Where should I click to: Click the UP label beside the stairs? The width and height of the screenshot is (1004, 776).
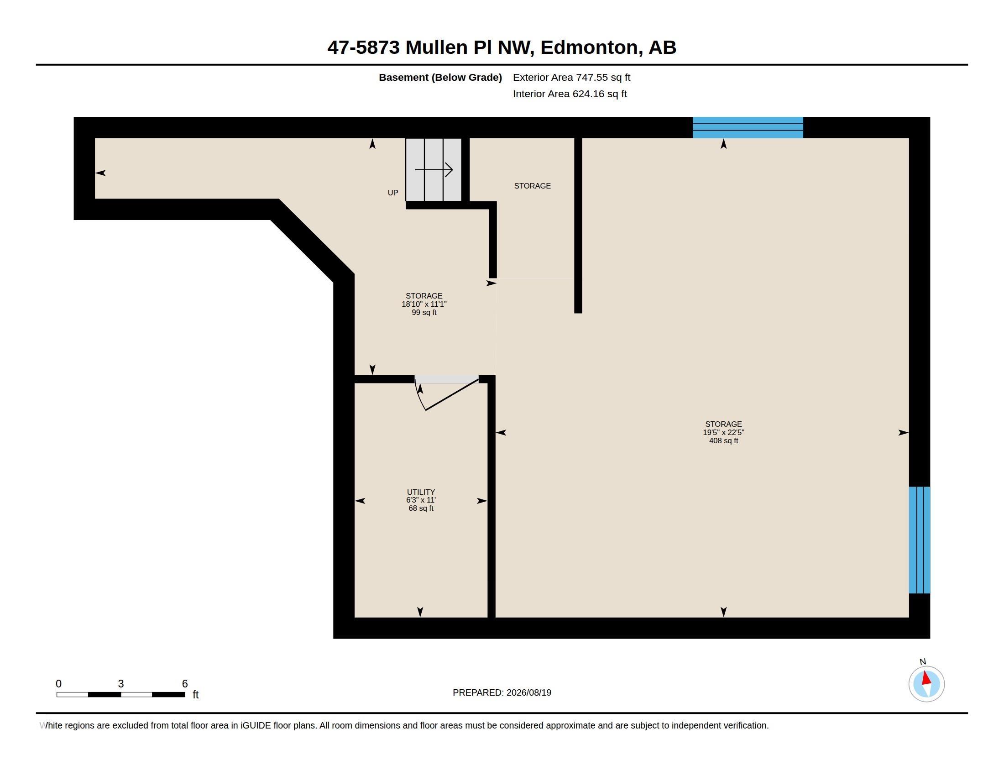(392, 193)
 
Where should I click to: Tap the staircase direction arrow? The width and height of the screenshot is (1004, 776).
(434, 170)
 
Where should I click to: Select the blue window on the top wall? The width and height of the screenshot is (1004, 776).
(748, 127)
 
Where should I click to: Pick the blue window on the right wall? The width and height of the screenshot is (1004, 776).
(920, 540)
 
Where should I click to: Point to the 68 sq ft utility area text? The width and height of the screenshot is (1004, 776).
(421, 509)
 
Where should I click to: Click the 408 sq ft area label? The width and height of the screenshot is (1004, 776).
(724, 441)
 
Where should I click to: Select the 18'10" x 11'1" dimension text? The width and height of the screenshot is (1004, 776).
(424, 304)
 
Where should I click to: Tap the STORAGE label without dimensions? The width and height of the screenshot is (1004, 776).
(532, 186)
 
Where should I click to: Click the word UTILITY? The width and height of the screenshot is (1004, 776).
(421, 492)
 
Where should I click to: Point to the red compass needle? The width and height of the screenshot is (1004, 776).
(926, 678)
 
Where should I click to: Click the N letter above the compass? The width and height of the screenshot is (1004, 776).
(923, 661)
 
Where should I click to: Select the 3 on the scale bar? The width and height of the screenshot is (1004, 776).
(121, 684)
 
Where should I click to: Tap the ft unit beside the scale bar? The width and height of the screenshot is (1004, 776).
(195, 695)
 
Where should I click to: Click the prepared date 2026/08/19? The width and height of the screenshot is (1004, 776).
(528, 692)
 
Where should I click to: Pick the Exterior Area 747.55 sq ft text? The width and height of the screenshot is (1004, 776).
(571, 77)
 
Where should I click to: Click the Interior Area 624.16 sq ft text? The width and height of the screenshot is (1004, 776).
(570, 94)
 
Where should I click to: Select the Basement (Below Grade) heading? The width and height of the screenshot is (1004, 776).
(440, 77)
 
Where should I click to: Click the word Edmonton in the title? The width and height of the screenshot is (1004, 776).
(591, 47)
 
